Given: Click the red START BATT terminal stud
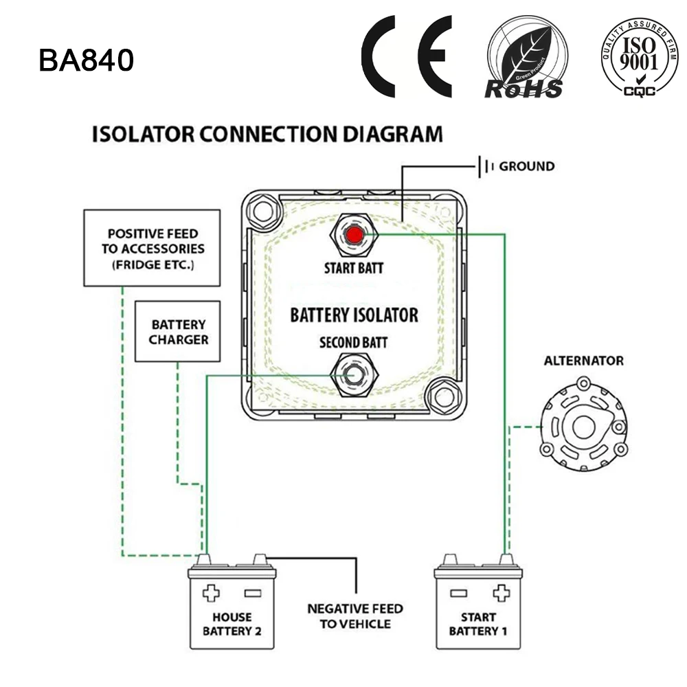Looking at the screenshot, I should (354, 236).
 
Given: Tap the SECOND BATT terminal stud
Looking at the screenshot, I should (353, 374).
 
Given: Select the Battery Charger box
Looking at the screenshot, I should (178, 331).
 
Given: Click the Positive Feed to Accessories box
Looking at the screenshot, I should (152, 248).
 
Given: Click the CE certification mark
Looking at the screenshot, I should (407, 56).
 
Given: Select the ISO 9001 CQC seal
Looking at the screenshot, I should (640, 58).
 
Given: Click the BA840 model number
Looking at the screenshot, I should (86, 60).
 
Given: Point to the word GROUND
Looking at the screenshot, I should (526, 166).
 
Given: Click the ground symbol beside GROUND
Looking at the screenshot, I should (486, 166).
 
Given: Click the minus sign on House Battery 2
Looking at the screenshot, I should (252, 593).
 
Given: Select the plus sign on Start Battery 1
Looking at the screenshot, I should (501, 593).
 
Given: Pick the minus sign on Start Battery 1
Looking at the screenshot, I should (458, 593).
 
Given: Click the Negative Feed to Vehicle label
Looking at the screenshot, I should (354, 616).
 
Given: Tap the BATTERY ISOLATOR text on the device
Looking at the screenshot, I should (354, 315).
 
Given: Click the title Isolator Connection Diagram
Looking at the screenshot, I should (267, 133).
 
